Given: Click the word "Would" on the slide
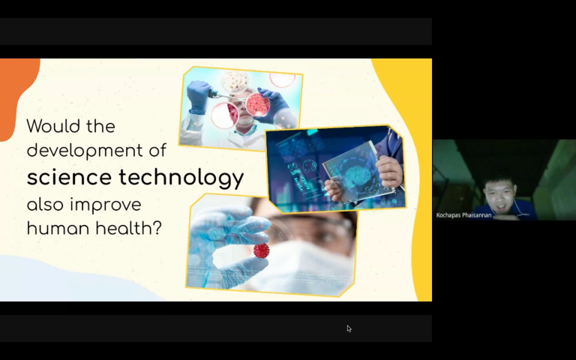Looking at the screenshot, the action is pos(54,126).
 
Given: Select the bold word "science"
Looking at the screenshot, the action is pos(70,178).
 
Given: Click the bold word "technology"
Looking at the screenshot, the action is pos(181,178).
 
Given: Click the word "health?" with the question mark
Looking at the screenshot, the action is pos(129,228).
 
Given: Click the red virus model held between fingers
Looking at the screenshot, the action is pos(261,250).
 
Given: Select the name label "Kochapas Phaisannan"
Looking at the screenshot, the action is pos(463,215).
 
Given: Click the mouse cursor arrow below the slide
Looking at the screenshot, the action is pos(349,328).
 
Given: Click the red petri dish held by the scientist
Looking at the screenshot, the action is pos(258,105).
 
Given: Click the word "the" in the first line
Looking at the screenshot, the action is pos(100,126).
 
